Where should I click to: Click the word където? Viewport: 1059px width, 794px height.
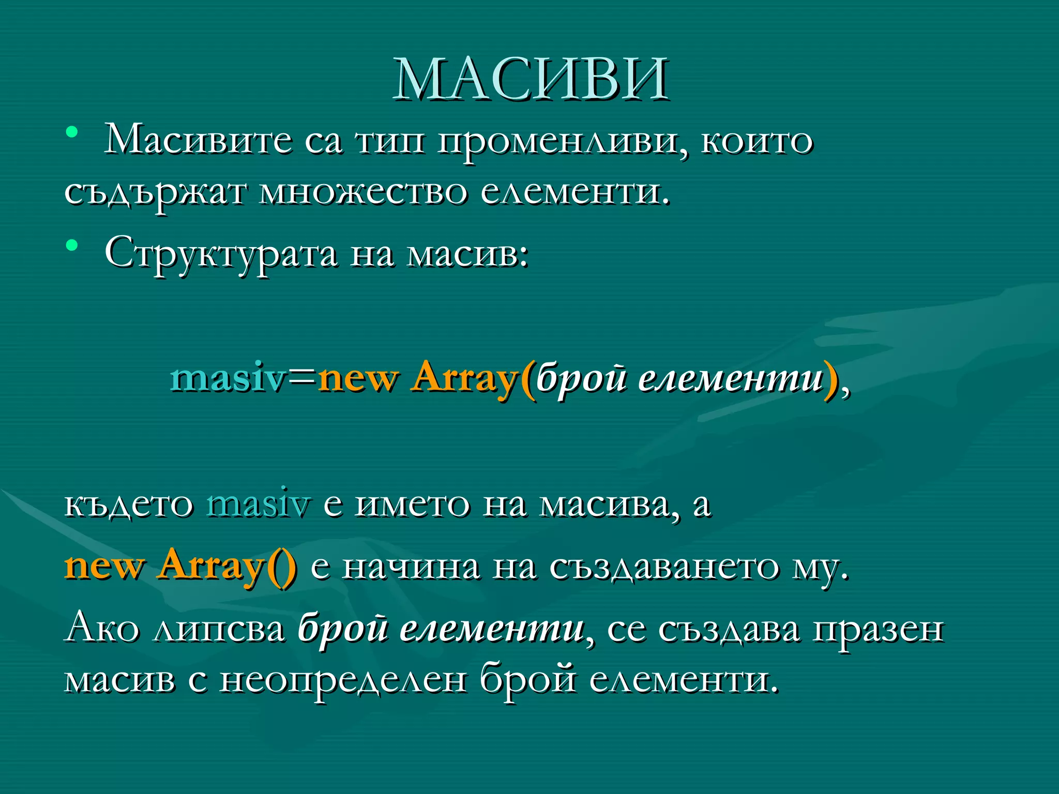point(128,504)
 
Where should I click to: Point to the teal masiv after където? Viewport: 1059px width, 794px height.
point(258,504)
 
